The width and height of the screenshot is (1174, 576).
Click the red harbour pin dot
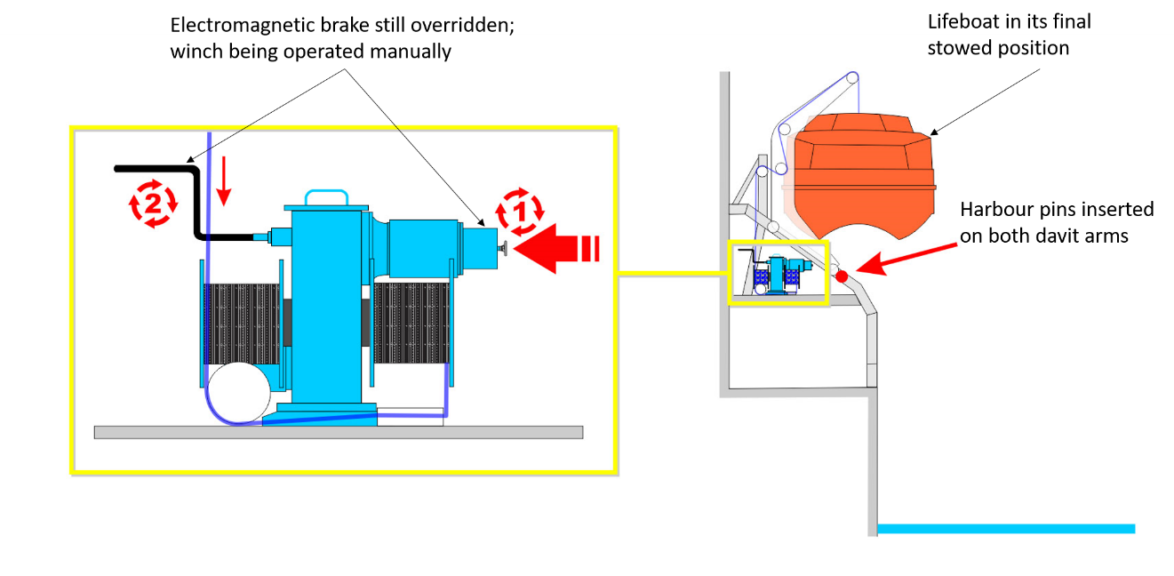pyautogui.click(x=842, y=276)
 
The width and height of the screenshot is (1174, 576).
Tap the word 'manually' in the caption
pyautogui.click(x=411, y=52)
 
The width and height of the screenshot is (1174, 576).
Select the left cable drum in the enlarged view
pyautogui.click(x=243, y=324)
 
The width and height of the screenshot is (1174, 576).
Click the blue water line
pyautogui.click(x=1004, y=529)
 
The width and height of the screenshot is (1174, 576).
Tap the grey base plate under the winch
pyautogui.click(x=338, y=432)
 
